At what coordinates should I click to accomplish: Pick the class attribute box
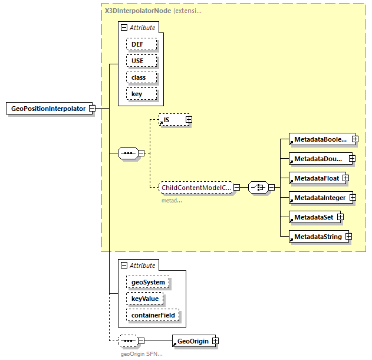[x=141, y=77]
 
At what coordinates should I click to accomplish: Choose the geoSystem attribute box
[x=148, y=283]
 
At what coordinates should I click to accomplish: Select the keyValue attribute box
[x=145, y=299]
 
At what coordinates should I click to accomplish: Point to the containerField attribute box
[x=153, y=316]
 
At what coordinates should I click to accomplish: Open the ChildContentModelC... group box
[x=196, y=187]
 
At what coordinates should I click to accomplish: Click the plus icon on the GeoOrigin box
[x=215, y=341]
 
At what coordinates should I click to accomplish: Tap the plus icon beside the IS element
[x=189, y=120]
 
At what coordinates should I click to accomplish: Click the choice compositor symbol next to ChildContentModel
[x=258, y=187]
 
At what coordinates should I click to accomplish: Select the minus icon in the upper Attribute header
[x=123, y=28]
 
